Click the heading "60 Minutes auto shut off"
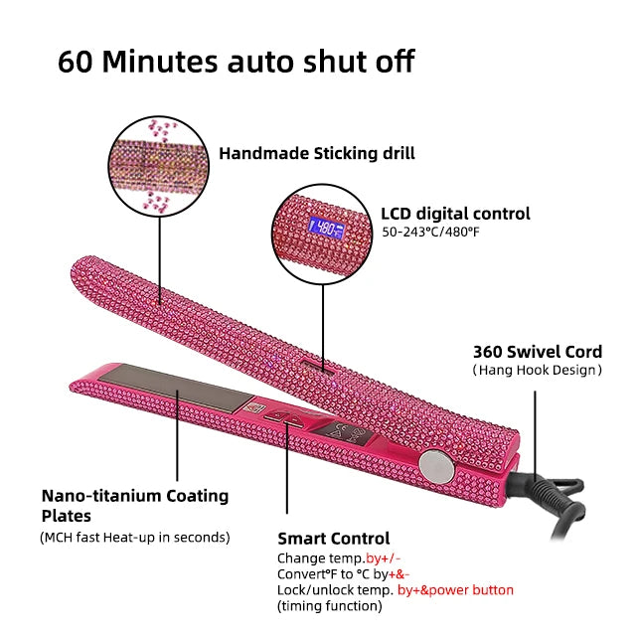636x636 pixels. tap(236, 61)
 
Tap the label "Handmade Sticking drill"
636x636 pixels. tap(317, 153)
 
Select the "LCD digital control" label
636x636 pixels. tap(455, 213)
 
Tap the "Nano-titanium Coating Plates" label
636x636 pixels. tap(134, 505)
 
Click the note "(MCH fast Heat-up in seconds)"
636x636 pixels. tap(134, 538)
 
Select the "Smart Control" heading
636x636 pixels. tap(333, 538)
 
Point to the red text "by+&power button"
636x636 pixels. tap(455, 589)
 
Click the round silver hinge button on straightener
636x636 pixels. tap(433, 462)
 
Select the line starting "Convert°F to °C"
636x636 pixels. tap(343, 573)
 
